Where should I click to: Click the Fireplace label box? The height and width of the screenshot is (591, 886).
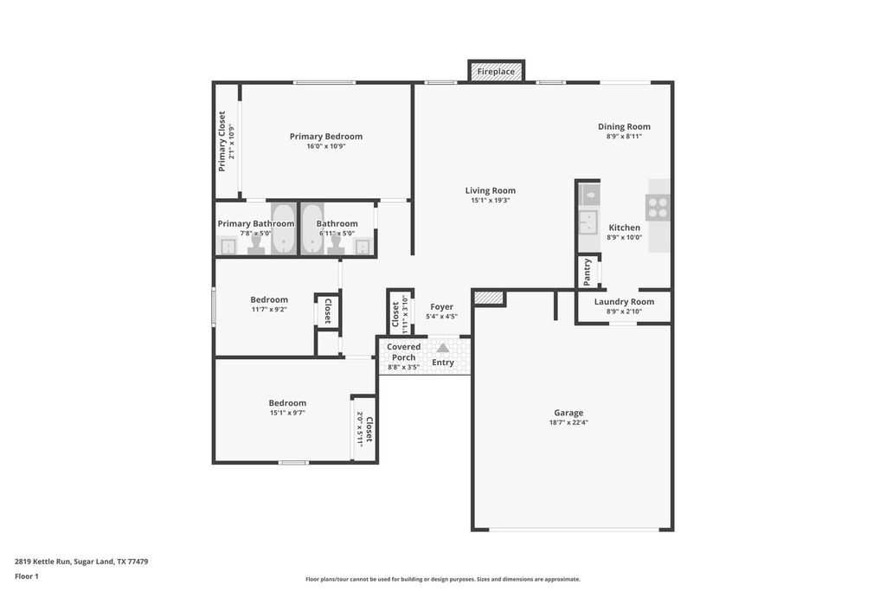(496, 71)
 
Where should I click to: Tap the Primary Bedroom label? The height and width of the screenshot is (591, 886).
(326, 136)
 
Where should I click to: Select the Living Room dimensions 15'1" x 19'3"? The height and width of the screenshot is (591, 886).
(491, 200)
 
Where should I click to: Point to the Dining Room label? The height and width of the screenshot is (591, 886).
(624, 126)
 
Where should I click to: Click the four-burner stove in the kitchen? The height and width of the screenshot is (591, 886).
(658, 207)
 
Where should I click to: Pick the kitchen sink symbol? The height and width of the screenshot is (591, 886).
(587, 222)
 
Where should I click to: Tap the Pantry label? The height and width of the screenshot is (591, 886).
(587, 272)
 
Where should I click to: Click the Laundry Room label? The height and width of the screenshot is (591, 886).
(624, 302)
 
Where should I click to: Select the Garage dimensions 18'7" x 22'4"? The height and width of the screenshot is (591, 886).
(568, 422)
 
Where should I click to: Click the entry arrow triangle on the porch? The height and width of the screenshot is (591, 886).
(442, 348)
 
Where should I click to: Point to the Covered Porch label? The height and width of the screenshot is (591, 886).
(403, 352)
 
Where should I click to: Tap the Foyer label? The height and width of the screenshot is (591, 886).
(442, 307)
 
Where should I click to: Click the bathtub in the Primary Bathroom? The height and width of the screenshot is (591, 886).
(281, 229)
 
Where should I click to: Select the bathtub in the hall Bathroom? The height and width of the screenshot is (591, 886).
(311, 229)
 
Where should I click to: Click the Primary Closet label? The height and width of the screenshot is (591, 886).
(221, 141)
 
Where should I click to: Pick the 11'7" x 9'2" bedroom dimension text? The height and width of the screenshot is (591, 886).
(270, 309)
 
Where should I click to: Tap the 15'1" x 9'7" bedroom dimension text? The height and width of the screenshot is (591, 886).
(287, 413)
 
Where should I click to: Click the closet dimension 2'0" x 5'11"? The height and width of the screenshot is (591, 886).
(359, 427)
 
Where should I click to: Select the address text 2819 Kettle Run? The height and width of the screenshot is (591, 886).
(42, 562)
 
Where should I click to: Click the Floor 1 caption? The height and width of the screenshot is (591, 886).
(27, 576)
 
